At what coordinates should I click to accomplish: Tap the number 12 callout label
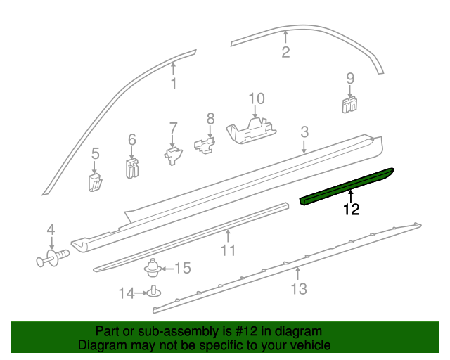(352, 209)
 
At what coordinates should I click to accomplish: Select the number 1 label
(173, 85)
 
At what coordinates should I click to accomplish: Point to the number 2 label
(285, 51)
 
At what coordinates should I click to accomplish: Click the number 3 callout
(304, 131)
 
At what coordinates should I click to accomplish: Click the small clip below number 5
(96, 182)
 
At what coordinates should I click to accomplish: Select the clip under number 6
(131, 169)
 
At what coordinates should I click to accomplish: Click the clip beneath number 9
(349, 104)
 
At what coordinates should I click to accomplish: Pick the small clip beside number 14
(153, 292)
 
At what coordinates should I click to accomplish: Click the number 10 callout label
(256, 98)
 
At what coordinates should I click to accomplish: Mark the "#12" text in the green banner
(243, 331)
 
